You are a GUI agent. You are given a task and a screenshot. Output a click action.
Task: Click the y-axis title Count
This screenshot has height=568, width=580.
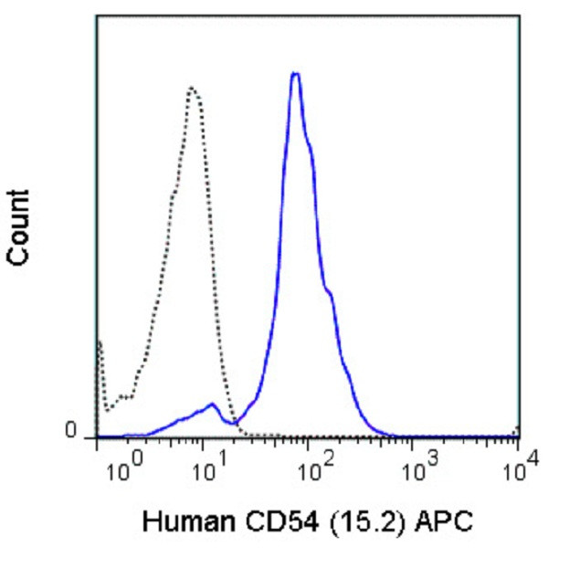(18, 227)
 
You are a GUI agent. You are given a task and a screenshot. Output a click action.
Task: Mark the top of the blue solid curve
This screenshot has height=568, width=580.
(295, 73)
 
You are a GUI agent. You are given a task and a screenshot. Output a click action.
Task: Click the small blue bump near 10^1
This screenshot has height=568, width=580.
(212, 404)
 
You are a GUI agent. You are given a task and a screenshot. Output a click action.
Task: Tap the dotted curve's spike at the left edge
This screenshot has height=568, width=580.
(99, 342)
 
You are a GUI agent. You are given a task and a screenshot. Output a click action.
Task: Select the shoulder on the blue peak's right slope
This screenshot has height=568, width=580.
(329, 292)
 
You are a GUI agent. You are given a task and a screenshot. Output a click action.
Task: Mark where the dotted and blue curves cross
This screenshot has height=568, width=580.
(230, 418)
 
